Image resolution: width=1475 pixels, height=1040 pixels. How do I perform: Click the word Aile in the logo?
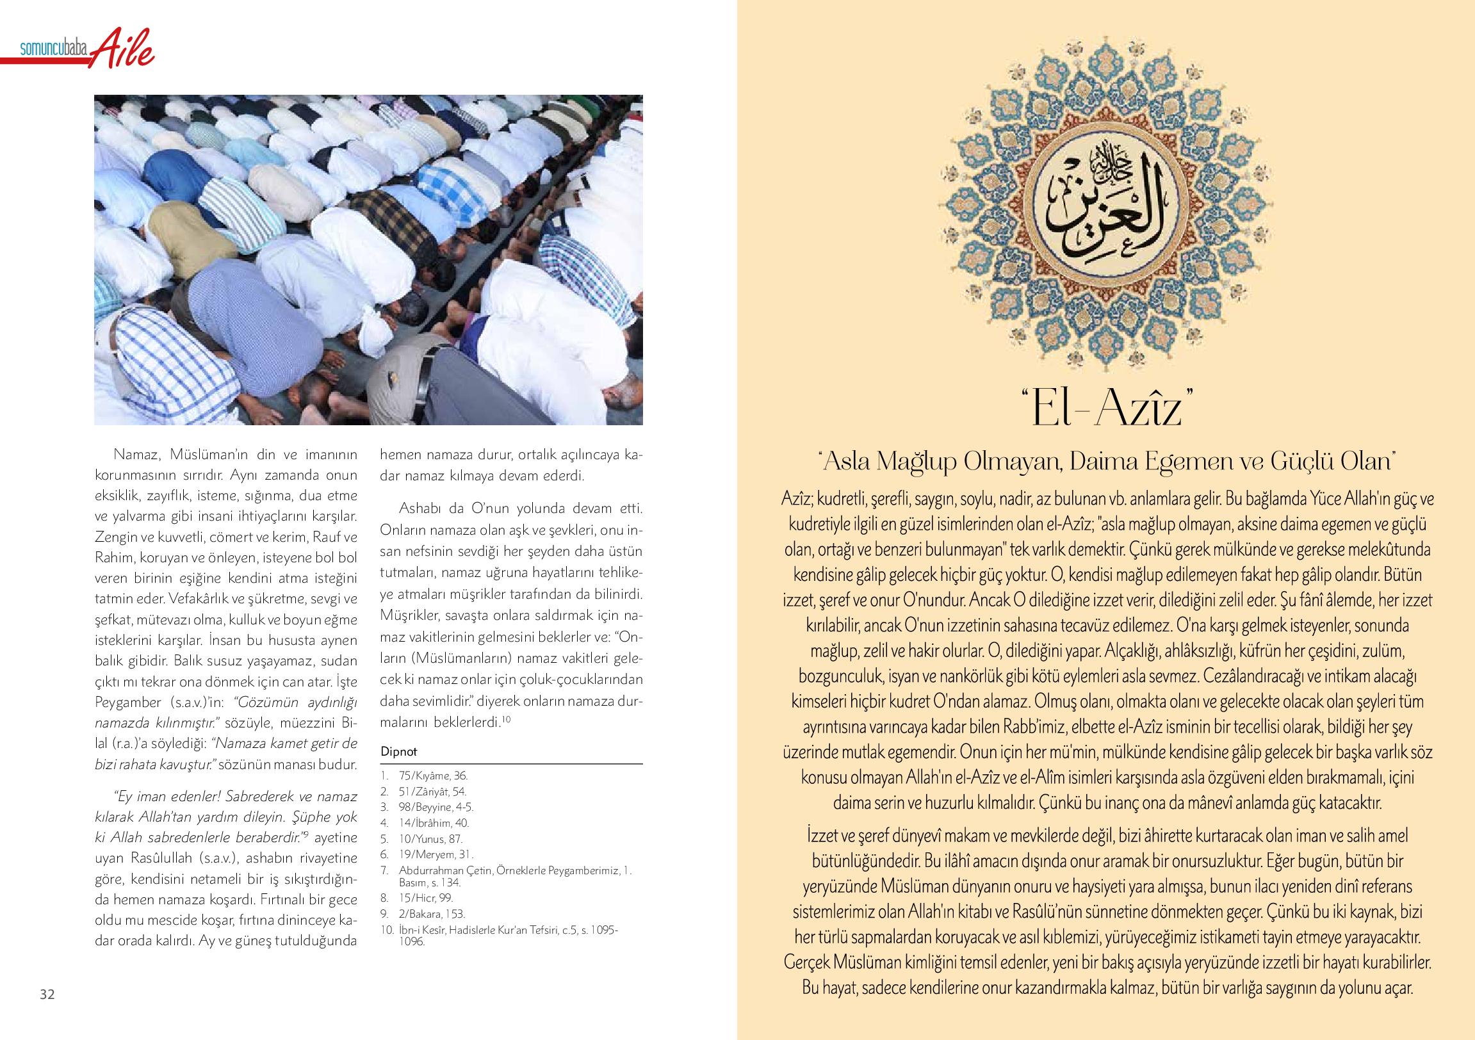[x=122, y=48]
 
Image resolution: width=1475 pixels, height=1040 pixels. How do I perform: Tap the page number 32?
[x=47, y=995]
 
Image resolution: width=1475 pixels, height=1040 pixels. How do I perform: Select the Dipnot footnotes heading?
[x=398, y=752]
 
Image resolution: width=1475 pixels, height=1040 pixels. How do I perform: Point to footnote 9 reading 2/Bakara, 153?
[x=431, y=913]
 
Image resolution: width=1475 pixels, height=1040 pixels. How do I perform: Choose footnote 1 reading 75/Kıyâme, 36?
[x=432, y=776]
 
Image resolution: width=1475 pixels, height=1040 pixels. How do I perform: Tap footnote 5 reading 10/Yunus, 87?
[x=430, y=839]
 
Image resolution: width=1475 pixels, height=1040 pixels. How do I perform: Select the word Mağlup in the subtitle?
[x=915, y=461]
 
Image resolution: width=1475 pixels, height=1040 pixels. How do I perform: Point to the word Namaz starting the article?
[x=136, y=455]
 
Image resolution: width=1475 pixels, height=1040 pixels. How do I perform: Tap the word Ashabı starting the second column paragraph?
[x=421, y=508]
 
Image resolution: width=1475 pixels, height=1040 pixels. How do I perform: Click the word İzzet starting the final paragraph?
[x=823, y=836]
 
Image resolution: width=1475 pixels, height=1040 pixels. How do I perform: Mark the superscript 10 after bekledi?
[x=506, y=719]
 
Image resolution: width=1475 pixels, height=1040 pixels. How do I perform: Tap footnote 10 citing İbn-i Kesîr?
[x=507, y=935]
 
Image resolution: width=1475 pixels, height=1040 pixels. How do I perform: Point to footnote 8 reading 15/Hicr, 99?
[x=425, y=898]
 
